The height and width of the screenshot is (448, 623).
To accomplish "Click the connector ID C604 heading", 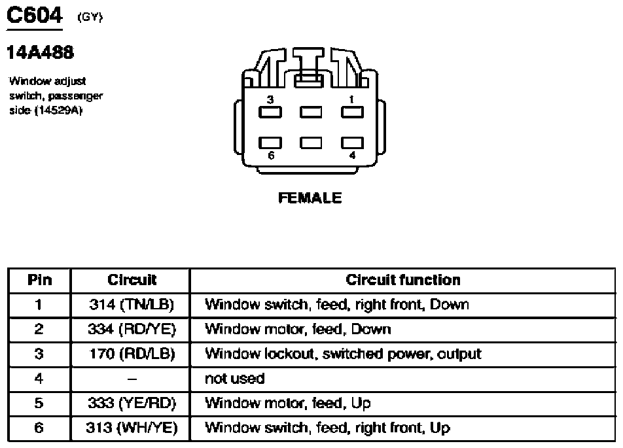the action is [35, 16].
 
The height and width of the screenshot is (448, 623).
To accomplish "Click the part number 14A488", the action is [40, 52].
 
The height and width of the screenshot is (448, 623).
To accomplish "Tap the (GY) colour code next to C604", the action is [90, 17].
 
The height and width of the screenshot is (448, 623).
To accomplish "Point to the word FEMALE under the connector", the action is [310, 198].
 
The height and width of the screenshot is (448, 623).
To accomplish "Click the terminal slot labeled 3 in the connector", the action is [270, 112].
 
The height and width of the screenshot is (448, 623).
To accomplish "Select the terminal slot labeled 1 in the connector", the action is [353, 112].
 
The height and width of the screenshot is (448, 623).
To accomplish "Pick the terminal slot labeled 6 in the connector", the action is [270, 143].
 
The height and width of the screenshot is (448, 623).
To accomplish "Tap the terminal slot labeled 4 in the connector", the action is [353, 143].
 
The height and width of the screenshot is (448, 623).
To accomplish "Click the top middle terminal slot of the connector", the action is [311, 112].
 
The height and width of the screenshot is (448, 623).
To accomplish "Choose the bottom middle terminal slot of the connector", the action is [311, 143].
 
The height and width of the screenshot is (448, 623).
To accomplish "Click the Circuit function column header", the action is [403, 280].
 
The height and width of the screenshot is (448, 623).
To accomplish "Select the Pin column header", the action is [39, 280].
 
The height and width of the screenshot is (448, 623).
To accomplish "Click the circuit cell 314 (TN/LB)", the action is [132, 305].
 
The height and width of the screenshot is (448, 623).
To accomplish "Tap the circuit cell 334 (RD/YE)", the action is [132, 329].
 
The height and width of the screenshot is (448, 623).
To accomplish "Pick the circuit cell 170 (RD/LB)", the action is [132, 354].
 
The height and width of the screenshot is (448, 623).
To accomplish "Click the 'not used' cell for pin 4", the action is [234, 379].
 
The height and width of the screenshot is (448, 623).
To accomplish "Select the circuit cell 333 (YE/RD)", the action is [132, 403].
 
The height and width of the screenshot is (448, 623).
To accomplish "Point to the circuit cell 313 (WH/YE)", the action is [132, 428].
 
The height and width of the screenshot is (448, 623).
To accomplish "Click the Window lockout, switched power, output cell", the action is [343, 354].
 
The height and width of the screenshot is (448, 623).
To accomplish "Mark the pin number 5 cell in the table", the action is [39, 403].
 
